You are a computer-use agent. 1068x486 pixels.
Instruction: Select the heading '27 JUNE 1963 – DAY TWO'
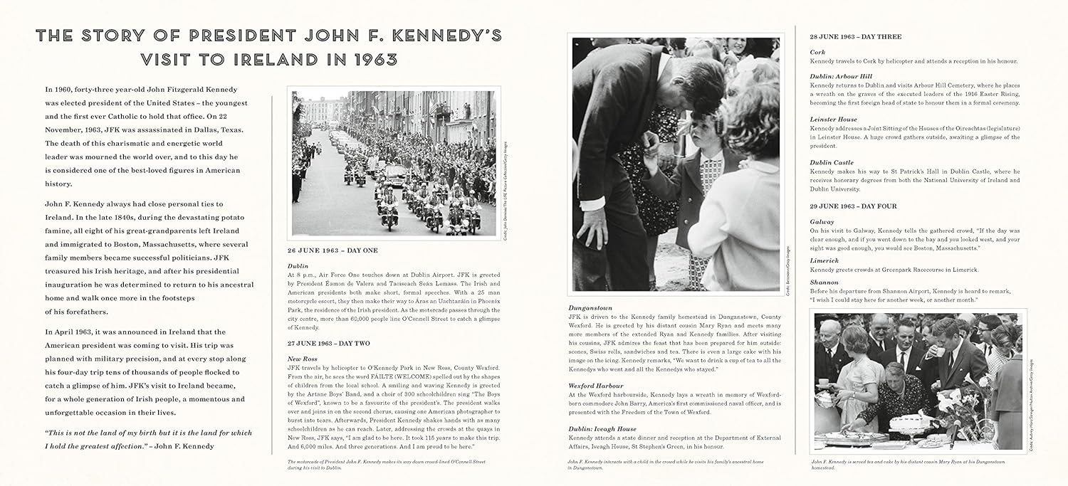point(328,343)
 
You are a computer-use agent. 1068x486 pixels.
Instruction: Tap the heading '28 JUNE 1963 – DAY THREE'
point(855,36)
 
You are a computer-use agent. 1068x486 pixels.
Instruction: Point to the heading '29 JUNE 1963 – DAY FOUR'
point(853,206)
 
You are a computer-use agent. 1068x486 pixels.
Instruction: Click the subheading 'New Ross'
point(303,358)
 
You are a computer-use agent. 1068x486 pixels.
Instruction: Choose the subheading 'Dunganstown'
point(590,307)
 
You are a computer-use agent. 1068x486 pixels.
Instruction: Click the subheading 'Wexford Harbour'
point(596,385)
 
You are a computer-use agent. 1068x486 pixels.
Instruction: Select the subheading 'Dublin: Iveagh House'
point(602,428)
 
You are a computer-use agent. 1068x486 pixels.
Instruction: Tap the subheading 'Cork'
point(817,52)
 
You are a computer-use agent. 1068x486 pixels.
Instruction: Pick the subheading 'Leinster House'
point(833,120)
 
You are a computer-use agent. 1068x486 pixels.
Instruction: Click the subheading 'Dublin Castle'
point(831,162)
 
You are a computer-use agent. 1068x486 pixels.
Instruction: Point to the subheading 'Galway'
point(822,222)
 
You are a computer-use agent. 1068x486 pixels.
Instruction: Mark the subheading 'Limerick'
point(824,261)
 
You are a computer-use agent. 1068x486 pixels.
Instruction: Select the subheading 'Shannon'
point(824,282)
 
